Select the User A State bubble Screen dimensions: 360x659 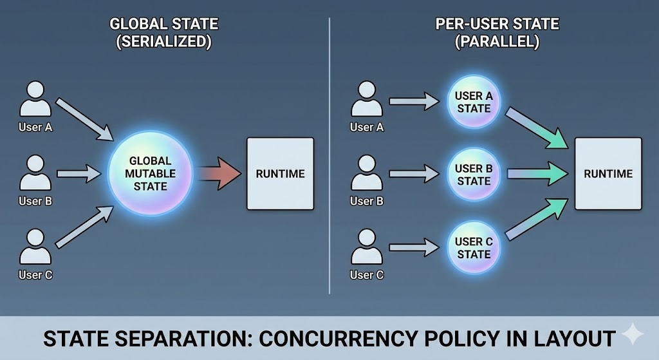coord(474,102)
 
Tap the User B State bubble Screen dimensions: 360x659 coord(474,174)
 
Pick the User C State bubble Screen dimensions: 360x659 coord(474,247)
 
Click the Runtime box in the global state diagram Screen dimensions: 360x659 coord(281,173)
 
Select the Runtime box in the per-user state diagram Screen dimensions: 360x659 coord(608,173)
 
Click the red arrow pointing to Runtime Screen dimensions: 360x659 coord(219,173)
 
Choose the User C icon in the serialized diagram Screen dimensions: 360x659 coord(35,248)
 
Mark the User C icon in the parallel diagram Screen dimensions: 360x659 coord(367,248)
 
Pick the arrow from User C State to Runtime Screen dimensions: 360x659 coord(537,219)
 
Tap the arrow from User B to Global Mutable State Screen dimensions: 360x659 coord(79,173)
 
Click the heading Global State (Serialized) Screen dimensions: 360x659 coord(164,33)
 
